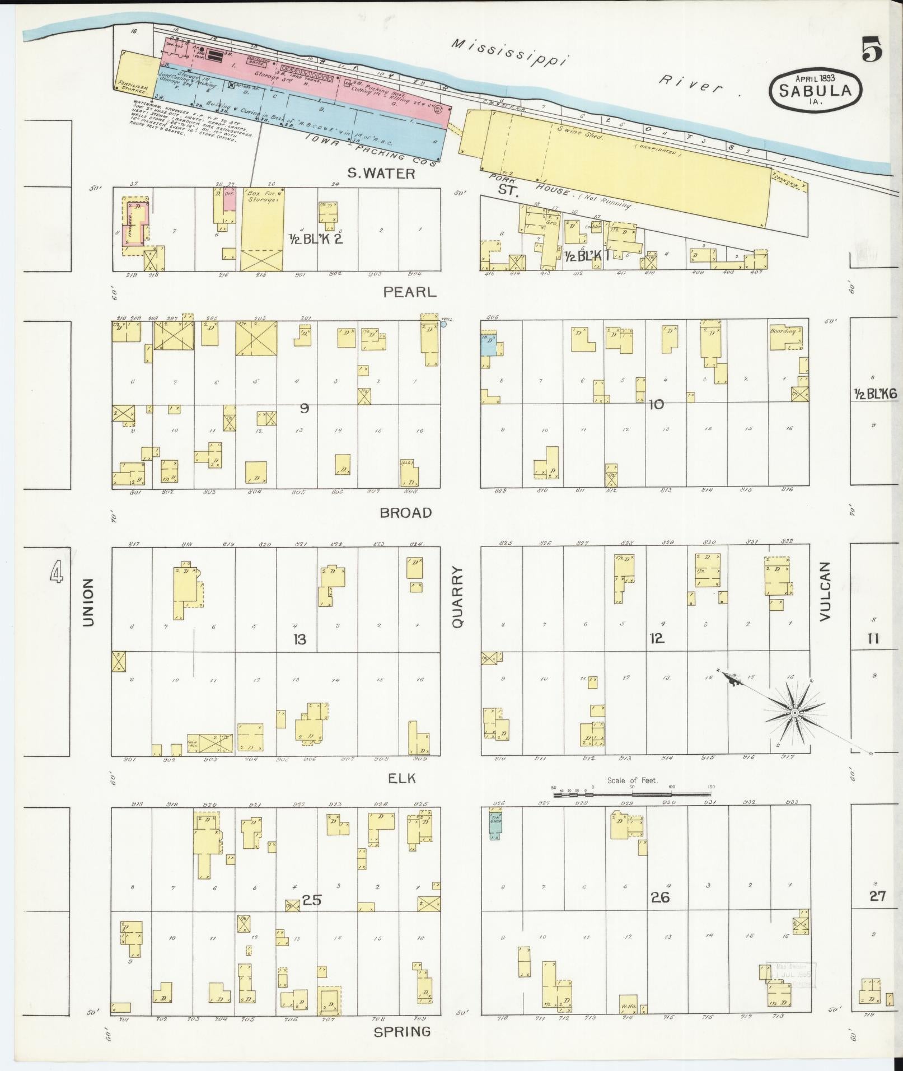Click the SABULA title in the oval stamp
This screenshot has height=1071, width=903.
(x=816, y=90)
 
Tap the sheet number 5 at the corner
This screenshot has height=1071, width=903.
(x=872, y=52)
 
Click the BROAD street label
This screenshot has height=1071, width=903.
(x=406, y=512)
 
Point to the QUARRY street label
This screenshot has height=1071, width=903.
(x=458, y=596)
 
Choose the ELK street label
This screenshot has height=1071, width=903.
(x=403, y=778)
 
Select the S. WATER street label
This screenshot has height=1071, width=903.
(x=381, y=174)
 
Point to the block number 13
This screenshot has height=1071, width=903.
(x=300, y=639)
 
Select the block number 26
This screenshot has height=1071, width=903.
(x=660, y=897)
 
